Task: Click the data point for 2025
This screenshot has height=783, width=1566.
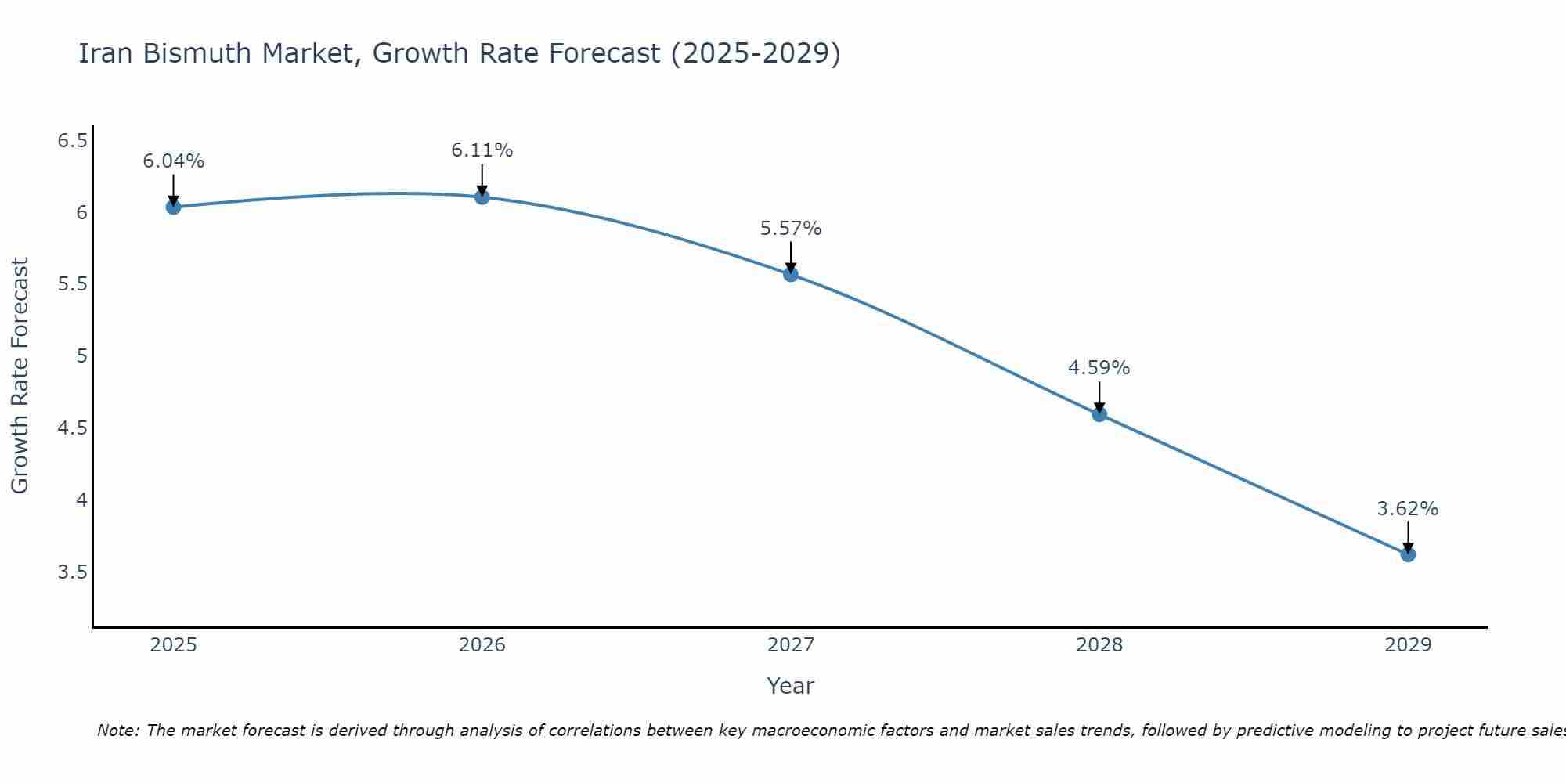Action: pyautogui.click(x=173, y=207)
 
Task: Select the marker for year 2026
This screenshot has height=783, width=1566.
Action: pyautogui.click(x=482, y=197)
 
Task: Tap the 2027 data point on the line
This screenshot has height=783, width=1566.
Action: pyautogui.click(x=791, y=274)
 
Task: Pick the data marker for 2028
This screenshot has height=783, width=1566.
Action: pyautogui.click(x=1099, y=414)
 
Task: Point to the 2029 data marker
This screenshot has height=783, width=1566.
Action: pyautogui.click(x=1408, y=554)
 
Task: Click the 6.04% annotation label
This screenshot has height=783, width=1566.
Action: pyautogui.click(x=173, y=161)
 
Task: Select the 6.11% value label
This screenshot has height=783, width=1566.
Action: pyautogui.click(x=482, y=150)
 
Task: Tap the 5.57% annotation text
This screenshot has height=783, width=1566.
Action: pyautogui.click(x=791, y=229)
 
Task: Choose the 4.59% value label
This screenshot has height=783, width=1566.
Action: pyautogui.click(x=1099, y=368)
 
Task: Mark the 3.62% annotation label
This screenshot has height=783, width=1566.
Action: pyautogui.click(x=1408, y=509)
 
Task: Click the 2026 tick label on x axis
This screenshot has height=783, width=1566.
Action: pyautogui.click(x=482, y=645)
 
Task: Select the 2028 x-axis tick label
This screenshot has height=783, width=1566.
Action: pyautogui.click(x=1099, y=645)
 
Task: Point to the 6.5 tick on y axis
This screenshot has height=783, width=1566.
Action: pyautogui.click(x=72, y=141)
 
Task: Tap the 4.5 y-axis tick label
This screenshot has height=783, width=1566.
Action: pyautogui.click(x=72, y=428)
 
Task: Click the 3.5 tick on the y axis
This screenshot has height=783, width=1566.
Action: pyautogui.click(x=72, y=572)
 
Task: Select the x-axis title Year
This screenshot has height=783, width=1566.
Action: pyautogui.click(x=791, y=686)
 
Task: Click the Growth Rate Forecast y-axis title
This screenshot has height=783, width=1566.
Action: pyautogui.click(x=20, y=376)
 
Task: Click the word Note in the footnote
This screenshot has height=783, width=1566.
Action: pyautogui.click(x=117, y=731)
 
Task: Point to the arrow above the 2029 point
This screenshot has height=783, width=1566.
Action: pyautogui.click(x=1408, y=536)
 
